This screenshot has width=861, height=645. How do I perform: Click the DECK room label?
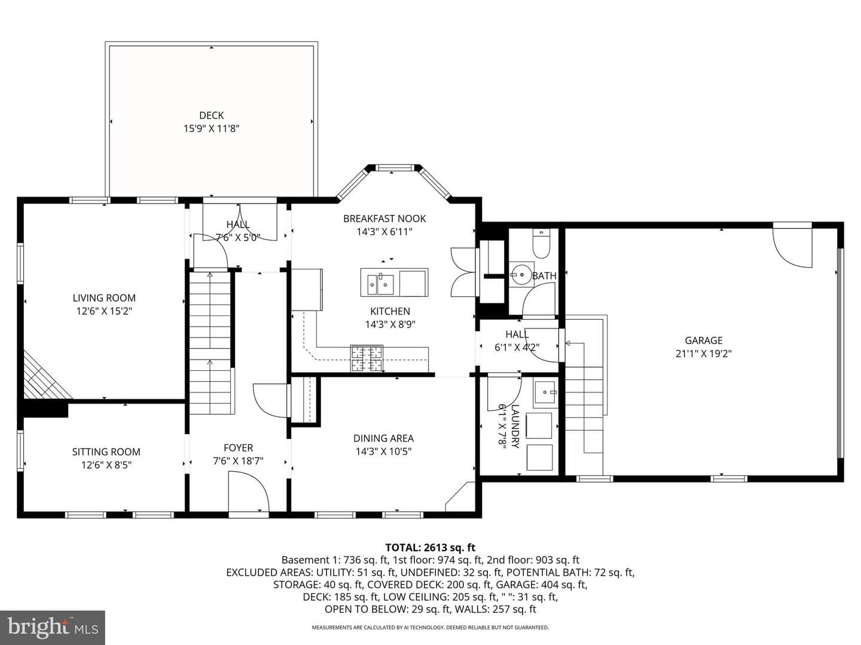coord(212,115)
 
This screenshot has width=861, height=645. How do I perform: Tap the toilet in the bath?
coord(541,244)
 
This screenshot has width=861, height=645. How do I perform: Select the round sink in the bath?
coord(522,275)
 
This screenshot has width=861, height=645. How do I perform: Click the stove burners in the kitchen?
coord(367,358)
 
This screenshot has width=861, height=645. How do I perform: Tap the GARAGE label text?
coord(704,340)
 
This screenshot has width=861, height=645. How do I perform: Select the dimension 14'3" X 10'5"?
coord(383,451)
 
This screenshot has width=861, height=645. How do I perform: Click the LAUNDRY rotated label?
coord(514,426)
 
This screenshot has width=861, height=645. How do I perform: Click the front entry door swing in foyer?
coord(249,491)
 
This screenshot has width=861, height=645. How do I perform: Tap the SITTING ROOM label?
coord(106,452)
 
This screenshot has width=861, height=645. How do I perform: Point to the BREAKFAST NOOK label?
coord(384,219)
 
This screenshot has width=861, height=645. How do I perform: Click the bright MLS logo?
coord(53,627)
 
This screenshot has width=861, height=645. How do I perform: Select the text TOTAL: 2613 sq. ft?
coord(430,547)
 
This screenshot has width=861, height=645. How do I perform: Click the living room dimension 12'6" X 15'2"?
coord(104,311)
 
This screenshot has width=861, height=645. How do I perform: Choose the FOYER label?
coord(238,448)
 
